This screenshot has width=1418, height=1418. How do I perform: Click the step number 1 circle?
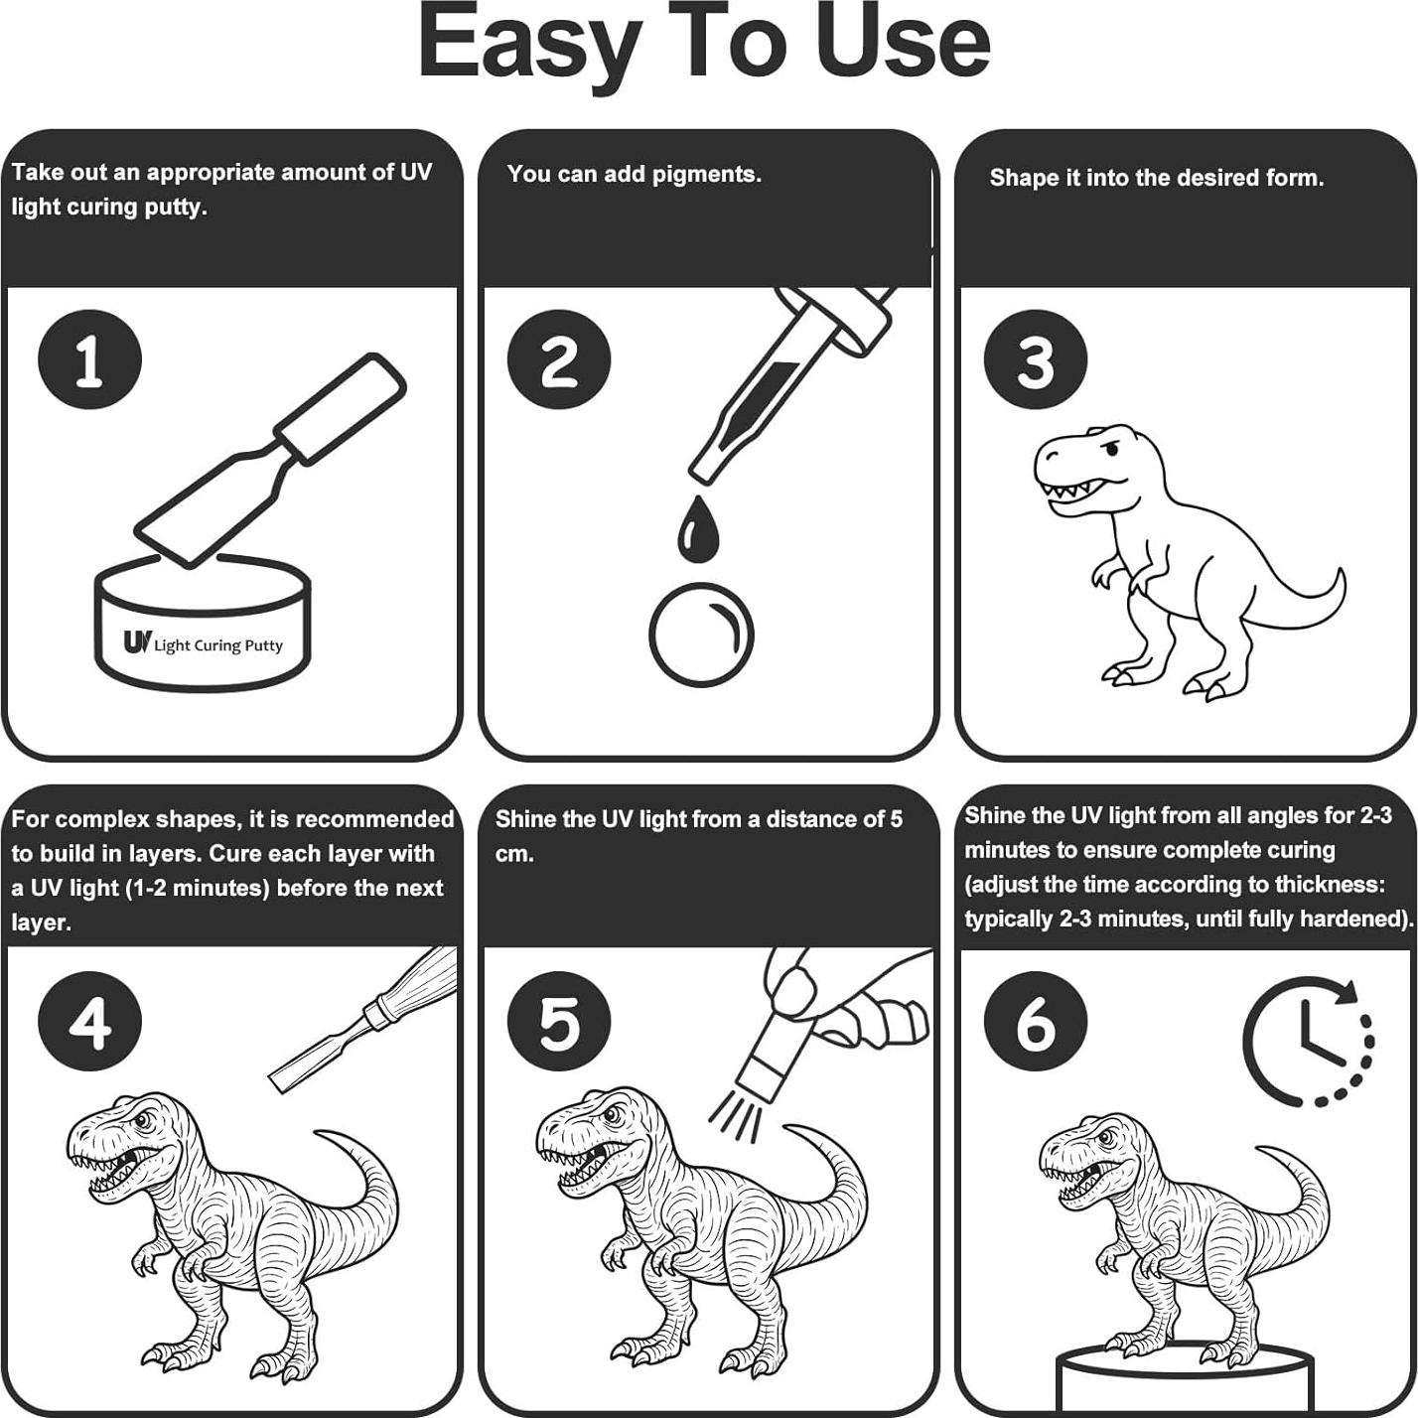tap(89, 359)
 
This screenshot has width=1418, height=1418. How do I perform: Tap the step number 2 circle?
tap(558, 359)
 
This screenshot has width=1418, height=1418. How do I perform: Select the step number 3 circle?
tap(1036, 359)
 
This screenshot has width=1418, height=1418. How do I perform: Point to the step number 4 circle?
tap(89, 1022)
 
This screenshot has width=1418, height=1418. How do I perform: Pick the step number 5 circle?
tap(558, 1022)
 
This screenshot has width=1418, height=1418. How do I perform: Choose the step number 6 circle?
tap(1036, 1022)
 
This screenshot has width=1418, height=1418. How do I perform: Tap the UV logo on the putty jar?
tap(138, 641)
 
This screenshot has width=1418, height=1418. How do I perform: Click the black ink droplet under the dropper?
tap(697, 529)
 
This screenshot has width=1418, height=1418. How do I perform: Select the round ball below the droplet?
tap(702, 635)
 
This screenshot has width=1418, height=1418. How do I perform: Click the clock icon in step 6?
tap(1309, 1042)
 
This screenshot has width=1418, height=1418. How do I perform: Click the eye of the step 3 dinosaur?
tap(1113, 448)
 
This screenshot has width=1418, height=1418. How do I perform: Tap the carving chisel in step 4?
tap(362, 1020)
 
